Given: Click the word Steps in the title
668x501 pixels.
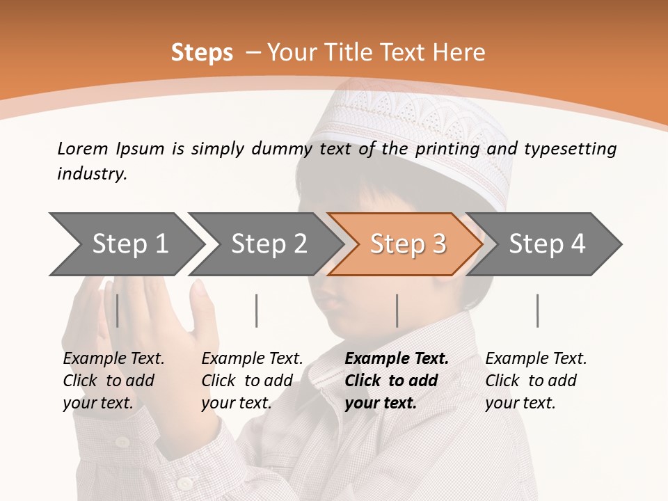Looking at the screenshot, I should tap(202, 53).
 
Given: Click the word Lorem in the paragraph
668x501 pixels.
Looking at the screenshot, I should tap(82, 148).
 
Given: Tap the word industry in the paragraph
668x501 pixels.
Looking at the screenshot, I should tap(92, 174).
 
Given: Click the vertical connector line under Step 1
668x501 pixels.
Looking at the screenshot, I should tap(118, 310).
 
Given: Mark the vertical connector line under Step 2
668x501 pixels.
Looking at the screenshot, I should tap(257, 310).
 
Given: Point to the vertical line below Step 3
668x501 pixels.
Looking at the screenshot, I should tap(397, 310).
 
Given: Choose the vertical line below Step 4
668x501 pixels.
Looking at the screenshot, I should tap(537, 310).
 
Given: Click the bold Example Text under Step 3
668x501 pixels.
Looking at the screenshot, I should tap(397, 359).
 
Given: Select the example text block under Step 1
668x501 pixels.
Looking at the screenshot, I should tap(113, 381).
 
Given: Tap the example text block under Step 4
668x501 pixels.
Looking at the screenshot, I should tap(536, 381).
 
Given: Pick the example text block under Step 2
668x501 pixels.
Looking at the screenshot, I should tap(252, 381).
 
